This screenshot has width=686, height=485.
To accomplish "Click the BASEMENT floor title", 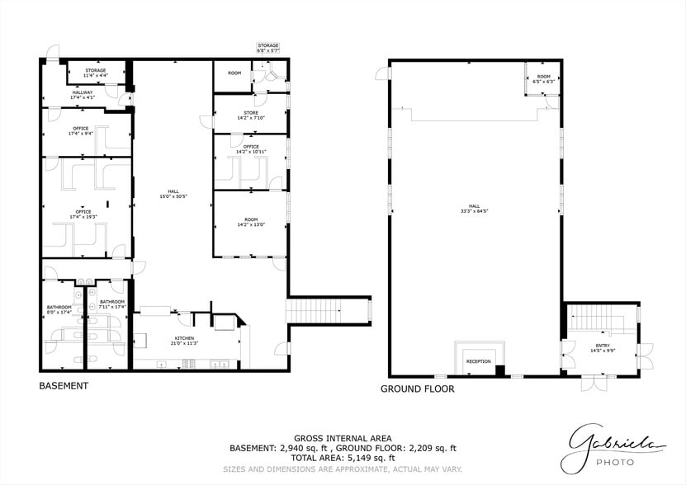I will tap(64, 385).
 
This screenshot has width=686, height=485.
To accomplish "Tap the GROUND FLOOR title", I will tap(416, 388).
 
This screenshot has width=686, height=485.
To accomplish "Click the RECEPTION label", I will tap(478, 361).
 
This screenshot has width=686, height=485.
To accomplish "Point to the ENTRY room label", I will tap(602, 348).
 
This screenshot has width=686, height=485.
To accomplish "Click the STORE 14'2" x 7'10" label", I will tap(250, 115).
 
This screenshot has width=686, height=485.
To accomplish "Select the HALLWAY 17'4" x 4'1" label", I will tap(83, 94).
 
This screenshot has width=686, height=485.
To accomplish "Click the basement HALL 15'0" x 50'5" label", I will tap(173, 194).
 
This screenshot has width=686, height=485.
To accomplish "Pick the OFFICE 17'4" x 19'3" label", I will tap(83, 214).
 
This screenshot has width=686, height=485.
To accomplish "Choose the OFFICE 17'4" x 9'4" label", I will tap(80, 130).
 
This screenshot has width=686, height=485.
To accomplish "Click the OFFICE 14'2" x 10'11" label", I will tap(251, 149).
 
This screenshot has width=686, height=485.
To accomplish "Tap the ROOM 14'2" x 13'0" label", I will tap(250, 222).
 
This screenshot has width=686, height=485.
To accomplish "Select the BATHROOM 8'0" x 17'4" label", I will tap(59, 309).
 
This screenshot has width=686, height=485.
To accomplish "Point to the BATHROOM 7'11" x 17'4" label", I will tap(111, 304).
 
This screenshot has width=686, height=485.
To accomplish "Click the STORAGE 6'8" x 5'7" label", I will tap(268, 48).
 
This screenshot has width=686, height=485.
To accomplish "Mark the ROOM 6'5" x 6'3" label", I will tap(543, 79).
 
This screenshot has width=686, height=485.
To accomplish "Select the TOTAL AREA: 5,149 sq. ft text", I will tap(343, 457).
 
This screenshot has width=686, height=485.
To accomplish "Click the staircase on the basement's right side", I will tap(326, 311).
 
